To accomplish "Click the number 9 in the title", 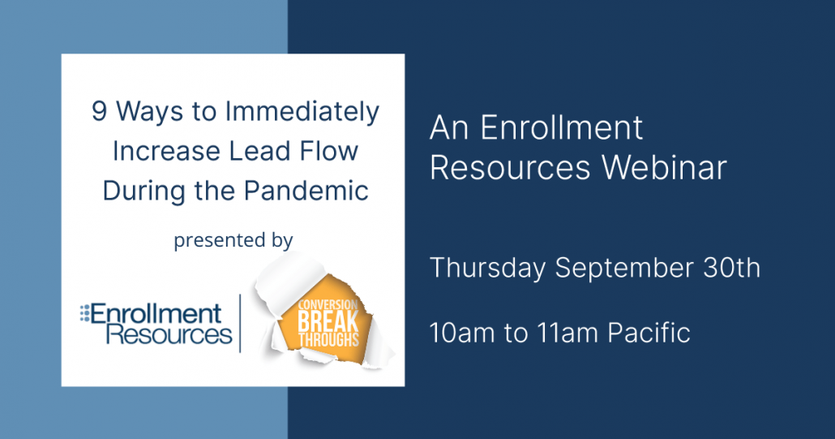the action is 99,112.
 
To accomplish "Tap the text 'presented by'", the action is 233,240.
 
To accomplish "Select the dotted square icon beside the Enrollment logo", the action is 84,314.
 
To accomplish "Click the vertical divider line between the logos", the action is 240,324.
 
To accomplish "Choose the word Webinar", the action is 664,168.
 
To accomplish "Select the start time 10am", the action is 462,334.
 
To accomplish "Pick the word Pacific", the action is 649,334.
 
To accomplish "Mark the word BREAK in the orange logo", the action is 328,321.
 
